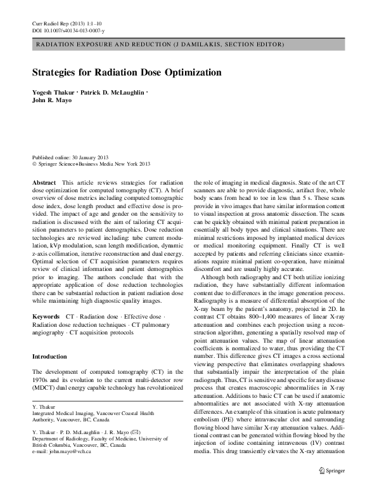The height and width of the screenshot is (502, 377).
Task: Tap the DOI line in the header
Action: pyautogui.click(x=68, y=30)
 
